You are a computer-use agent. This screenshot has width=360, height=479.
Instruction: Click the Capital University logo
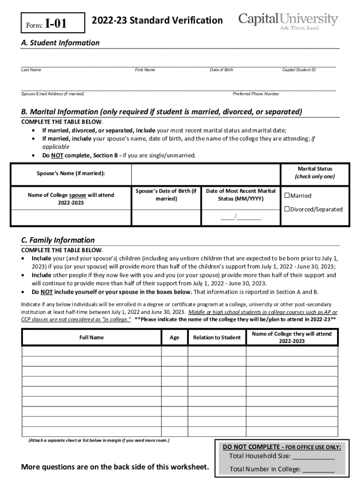click(288, 21)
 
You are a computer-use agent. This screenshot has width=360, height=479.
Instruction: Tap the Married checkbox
click(288, 196)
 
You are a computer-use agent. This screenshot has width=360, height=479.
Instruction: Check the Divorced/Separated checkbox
click(288, 209)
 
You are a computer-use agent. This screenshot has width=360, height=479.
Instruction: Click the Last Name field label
click(31, 70)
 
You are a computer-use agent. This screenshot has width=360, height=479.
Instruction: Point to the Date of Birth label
click(221, 70)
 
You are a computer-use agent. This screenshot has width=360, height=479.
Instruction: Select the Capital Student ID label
click(299, 70)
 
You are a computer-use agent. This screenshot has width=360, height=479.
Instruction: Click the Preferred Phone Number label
click(256, 94)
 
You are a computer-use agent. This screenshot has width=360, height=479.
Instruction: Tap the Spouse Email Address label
click(53, 94)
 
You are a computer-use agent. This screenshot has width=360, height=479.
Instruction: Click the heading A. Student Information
click(60, 43)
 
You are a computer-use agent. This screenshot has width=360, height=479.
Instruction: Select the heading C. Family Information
click(58, 240)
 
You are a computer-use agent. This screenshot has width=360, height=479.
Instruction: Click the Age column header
click(174, 337)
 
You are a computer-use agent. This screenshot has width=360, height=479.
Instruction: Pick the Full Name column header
click(91, 337)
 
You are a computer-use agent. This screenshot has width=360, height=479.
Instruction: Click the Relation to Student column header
click(216, 337)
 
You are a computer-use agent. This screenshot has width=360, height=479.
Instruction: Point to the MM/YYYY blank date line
click(241, 217)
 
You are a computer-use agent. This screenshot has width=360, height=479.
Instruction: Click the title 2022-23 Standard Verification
click(157, 21)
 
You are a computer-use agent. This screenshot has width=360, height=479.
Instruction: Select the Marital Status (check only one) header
click(315, 172)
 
